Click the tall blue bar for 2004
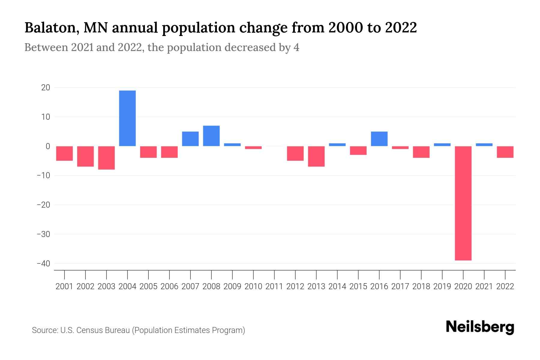click(x=127, y=118)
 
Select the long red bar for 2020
click(x=463, y=203)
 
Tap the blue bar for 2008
click(x=211, y=136)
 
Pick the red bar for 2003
click(x=106, y=158)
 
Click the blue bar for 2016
click(x=379, y=139)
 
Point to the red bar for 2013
click(x=316, y=156)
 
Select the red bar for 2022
click(x=505, y=152)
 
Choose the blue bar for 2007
click(x=190, y=139)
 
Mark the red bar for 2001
click(x=64, y=153)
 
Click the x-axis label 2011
click(x=274, y=286)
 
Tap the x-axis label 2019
click(x=442, y=286)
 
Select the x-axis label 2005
click(x=148, y=286)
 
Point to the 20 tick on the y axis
click(x=46, y=88)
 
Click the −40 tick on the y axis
click(x=43, y=263)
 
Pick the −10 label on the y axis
click(x=43, y=175)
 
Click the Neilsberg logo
click(x=480, y=327)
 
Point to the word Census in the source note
click(x=89, y=330)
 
